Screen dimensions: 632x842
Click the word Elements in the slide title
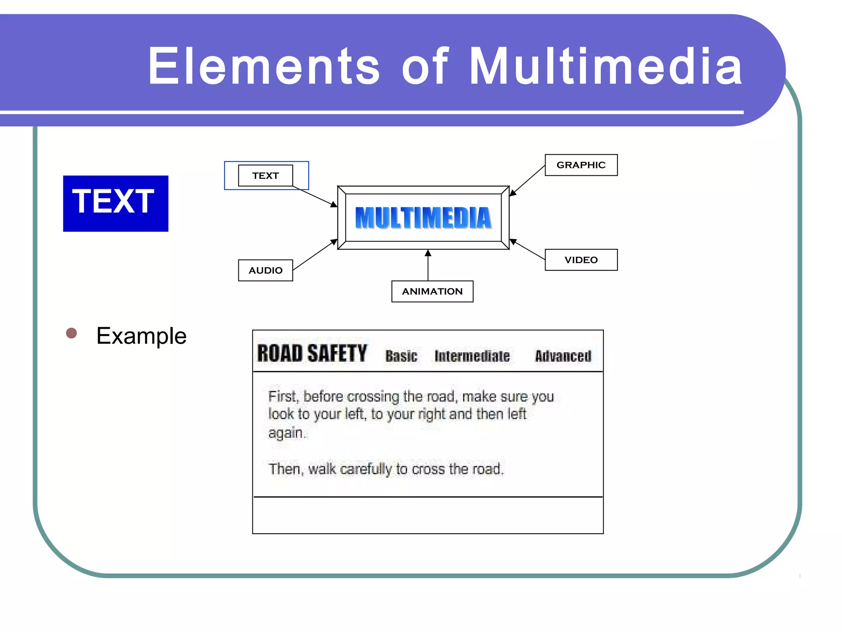264,67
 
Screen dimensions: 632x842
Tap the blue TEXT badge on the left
116,203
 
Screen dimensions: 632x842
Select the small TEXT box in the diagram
265,176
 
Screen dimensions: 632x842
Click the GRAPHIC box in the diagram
581,165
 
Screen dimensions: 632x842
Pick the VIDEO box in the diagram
581,260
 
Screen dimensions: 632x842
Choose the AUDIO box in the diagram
265,270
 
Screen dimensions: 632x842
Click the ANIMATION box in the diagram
432,291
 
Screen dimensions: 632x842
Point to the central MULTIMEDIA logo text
423,218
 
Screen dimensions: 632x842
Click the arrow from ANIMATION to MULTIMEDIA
428,265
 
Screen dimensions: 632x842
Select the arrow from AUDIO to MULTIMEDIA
315,255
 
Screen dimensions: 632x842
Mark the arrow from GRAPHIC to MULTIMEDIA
527,180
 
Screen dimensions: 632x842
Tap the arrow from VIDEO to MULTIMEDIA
528,250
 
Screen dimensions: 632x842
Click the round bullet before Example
72,333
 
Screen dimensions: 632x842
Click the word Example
141,336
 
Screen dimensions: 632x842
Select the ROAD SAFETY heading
312,353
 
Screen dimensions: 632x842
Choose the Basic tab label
401,356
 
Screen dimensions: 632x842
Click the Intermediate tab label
472,356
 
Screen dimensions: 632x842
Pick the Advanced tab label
563,356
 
